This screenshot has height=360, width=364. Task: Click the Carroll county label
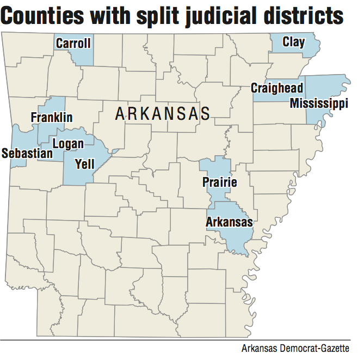[73, 42]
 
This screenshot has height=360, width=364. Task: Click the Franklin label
[51, 117]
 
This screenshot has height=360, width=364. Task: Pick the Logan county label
[68, 144]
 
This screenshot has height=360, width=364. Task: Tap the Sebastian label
[27, 154]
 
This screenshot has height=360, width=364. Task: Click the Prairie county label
[219, 182]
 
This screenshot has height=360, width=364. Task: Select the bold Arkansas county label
[229, 222]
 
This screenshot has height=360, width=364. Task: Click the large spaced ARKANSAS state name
[163, 114]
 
